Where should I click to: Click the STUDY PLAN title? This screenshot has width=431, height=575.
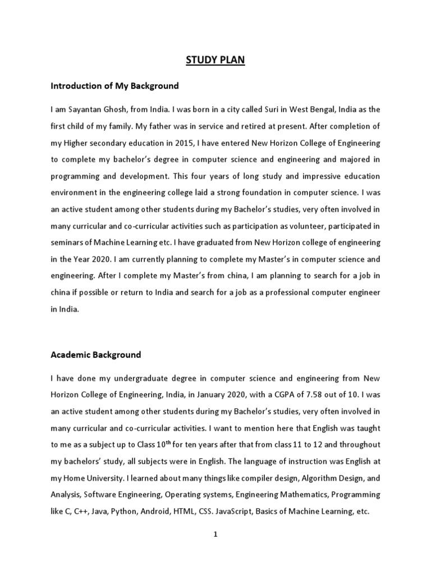[215, 60]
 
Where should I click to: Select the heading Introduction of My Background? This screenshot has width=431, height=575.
[114, 86]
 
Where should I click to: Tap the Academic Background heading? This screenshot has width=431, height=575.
[96, 355]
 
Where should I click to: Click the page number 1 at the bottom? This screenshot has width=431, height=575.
[215, 535]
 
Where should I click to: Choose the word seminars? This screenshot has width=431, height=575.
[67, 243]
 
